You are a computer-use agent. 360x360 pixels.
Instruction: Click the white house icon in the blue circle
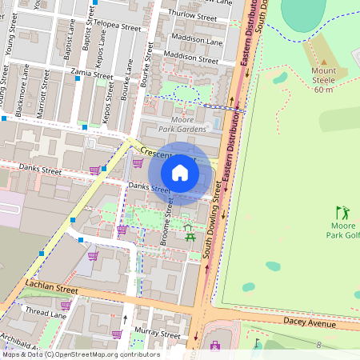coord(180,173)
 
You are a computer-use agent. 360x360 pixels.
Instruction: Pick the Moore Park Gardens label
coord(182,123)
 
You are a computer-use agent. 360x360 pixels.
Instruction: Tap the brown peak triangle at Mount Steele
coord(323,62)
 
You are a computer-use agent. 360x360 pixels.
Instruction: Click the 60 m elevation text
coord(323,90)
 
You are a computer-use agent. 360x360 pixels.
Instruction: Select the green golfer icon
coord(343,213)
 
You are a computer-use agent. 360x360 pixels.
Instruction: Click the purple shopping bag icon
coord(214,346)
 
